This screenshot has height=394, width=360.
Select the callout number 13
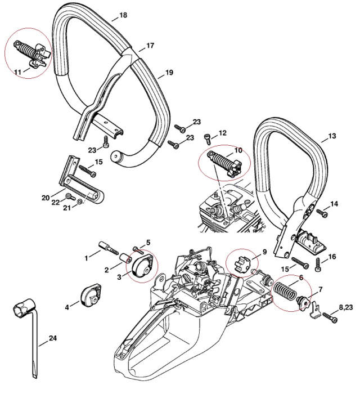click(332, 136)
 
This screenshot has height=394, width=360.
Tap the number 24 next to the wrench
click(52, 338)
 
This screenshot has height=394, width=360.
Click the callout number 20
click(46, 197)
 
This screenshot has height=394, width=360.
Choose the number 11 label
click(18, 71)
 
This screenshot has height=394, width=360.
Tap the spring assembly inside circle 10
click(223, 164)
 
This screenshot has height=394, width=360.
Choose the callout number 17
click(150, 45)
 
